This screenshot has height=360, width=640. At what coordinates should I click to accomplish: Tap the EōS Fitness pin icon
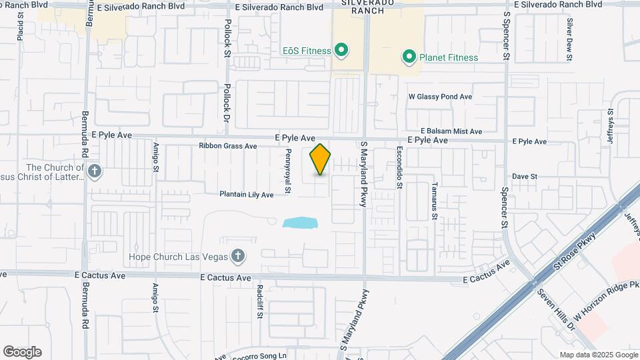point(341,50)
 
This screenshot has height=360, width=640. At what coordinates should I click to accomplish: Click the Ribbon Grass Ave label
point(227,146)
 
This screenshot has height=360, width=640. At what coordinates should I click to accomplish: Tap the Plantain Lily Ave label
point(247,195)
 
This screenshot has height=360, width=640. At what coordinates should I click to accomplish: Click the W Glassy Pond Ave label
point(440,97)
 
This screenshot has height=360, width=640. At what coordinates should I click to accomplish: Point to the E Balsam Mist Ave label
point(451,131)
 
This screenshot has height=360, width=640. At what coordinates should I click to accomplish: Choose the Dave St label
point(525,176)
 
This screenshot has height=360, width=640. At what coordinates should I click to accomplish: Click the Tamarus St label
point(434,201)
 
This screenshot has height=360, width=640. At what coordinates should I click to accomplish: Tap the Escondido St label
point(399,168)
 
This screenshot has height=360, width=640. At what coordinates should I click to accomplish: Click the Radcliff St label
point(259,302)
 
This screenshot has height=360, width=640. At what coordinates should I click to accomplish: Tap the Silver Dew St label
point(570,39)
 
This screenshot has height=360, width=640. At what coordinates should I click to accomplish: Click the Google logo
point(22,352)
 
